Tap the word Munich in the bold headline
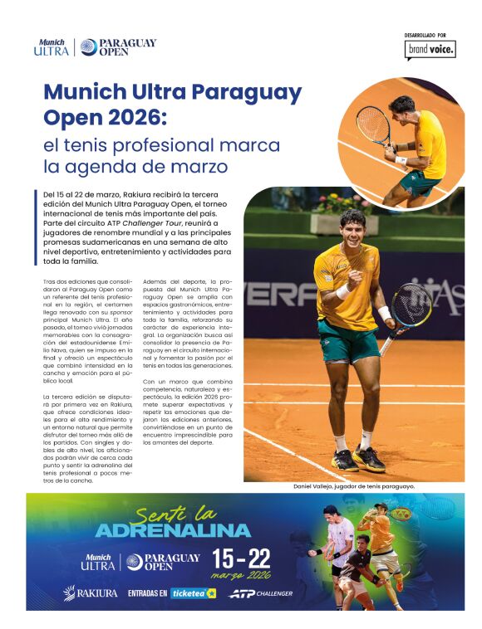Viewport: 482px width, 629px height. (80, 91)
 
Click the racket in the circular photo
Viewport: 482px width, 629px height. (373, 125)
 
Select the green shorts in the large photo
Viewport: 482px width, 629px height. (347, 341)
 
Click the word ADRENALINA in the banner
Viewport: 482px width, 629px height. (173, 529)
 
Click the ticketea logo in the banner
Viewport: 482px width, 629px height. (193, 593)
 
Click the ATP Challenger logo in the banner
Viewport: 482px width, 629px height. (260, 593)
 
